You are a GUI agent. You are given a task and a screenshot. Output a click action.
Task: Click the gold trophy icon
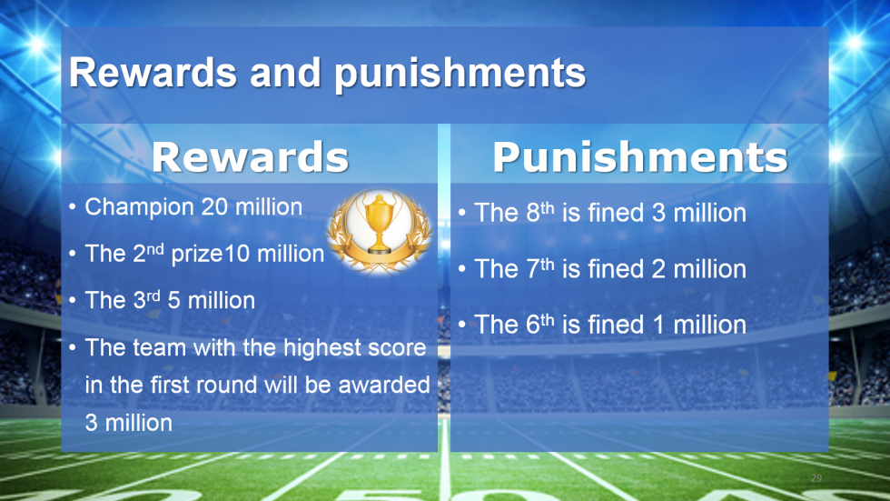(380, 231)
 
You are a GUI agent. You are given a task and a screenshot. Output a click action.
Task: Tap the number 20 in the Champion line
(215, 207)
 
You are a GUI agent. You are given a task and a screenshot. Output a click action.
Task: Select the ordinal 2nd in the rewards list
(148, 253)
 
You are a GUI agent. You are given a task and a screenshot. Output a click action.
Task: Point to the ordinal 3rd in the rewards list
(146, 299)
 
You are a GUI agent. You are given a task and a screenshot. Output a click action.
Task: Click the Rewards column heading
(250, 157)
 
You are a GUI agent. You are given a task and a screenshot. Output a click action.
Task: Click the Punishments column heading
(640, 157)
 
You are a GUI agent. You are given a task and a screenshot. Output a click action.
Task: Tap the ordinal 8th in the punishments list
(539, 212)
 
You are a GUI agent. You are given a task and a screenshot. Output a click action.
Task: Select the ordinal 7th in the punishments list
(539, 268)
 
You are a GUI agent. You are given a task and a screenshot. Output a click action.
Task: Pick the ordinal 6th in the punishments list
(539, 324)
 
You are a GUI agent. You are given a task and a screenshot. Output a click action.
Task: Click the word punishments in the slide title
(460, 74)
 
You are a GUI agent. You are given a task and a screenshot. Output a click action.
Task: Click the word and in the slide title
(285, 74)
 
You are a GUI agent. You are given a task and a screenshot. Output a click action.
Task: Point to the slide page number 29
(816, 477)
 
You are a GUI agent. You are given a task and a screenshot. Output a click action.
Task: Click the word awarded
(384, 386)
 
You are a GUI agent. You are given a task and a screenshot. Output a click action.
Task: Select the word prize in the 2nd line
(196, 255)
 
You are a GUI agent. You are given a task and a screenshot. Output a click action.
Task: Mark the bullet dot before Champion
(72, 206)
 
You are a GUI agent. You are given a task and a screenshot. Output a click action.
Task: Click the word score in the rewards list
(398, 348)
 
